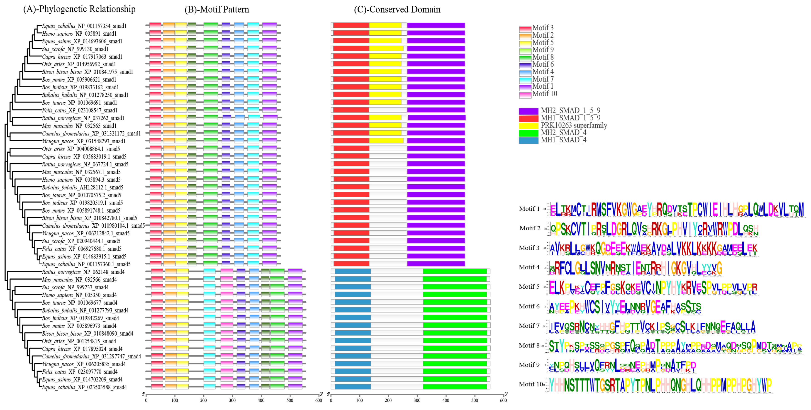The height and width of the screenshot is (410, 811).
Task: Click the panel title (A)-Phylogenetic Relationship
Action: [x=79, y=9]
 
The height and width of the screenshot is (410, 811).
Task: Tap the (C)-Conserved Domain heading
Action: [x=397, y=10]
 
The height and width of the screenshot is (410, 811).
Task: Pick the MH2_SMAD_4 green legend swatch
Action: [x=528, y=133]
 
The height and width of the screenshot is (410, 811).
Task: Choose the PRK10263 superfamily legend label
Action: [x=574, y=125]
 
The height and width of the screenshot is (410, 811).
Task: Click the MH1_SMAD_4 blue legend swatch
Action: [x=528, y=140]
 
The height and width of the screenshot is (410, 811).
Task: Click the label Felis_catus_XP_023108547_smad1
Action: [x=79, y=110]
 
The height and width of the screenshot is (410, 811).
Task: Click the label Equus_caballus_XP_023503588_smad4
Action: [x=84, y=387]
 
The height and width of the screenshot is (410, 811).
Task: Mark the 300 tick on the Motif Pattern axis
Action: [x=232, y=400]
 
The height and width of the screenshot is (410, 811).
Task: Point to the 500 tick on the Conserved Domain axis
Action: [x=475, y=400]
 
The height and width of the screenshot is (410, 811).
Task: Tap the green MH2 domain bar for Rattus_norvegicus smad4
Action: [x=454, y=271]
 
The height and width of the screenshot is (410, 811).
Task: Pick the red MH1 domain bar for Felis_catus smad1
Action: [x=351, y=110]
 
